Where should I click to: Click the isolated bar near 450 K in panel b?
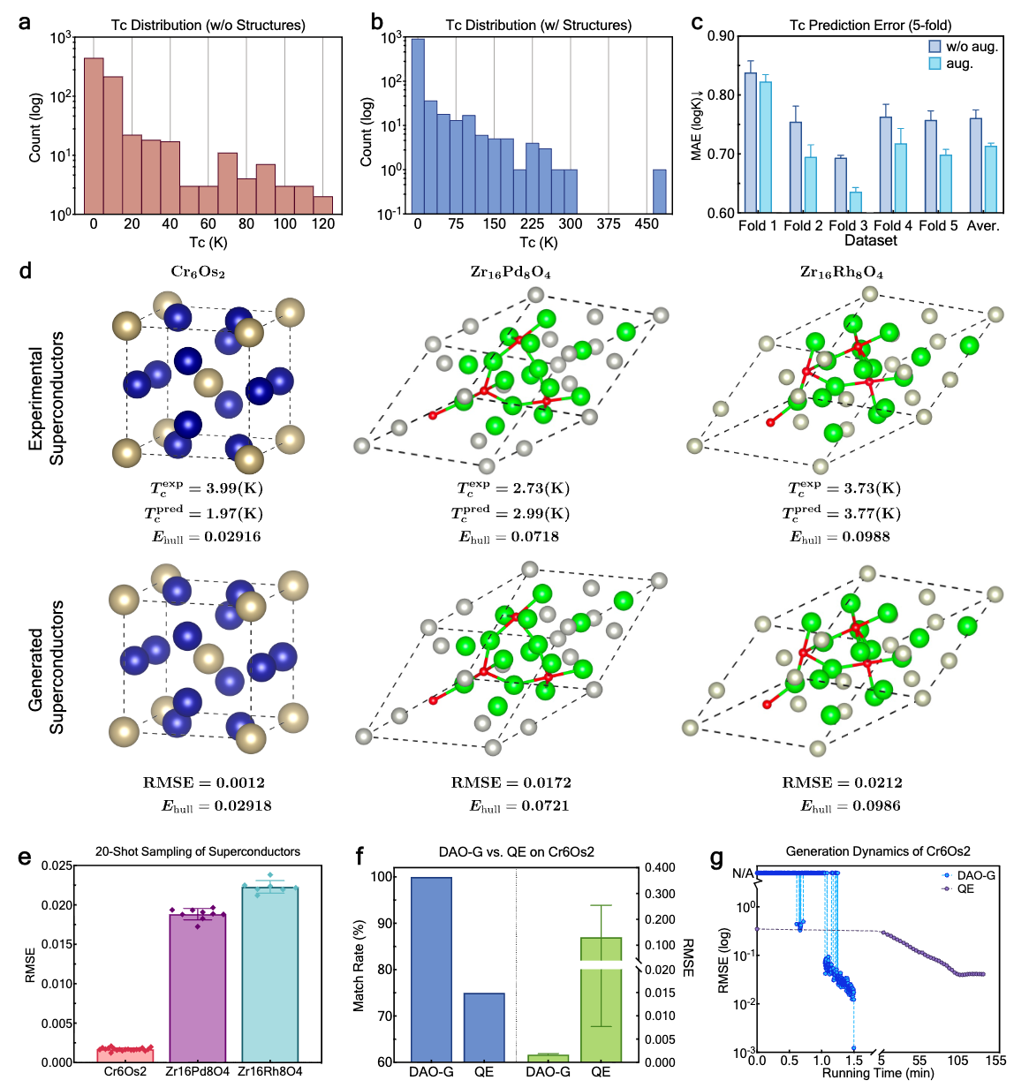(660, 191)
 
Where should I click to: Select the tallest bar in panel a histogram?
(94, 135)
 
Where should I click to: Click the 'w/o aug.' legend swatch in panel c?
(935, 46)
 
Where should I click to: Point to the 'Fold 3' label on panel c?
(848, 226)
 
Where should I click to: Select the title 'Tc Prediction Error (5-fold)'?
(870, 26)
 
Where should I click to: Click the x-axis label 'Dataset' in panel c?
(870, 240)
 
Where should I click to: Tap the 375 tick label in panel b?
(609, 224)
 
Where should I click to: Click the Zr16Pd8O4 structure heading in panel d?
(511, 272)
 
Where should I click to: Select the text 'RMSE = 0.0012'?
(204, 782)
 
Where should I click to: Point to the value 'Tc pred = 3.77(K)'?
(842, 513)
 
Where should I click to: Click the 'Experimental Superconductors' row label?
(46, 398)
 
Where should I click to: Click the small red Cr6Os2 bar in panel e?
(125, 1055)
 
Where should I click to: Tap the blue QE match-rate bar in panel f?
(484, 1027)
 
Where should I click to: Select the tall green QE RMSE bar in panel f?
(601, 1000)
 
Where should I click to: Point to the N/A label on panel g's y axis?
(743, 873)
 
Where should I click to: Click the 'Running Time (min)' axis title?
(878, 1073)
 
